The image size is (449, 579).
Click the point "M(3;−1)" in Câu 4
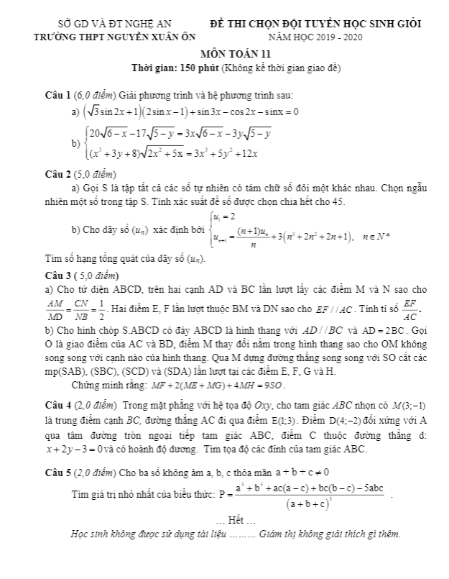[412, 406]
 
